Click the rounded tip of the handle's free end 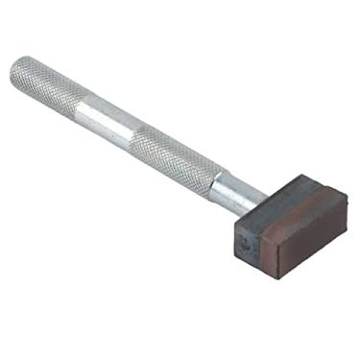17,69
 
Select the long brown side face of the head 298,240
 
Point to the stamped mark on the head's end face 246,244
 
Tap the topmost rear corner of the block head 300,175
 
